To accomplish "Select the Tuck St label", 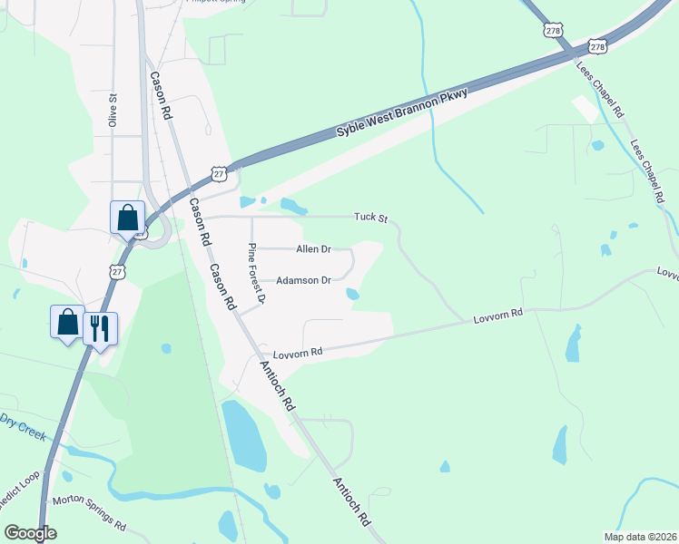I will pos(370,219).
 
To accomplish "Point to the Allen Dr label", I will pos(313,248).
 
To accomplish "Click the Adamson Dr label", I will pos(303,281).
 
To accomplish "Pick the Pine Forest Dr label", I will pos(257,273).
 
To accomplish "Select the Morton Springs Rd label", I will pos(89,512).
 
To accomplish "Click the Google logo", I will pos(30,533).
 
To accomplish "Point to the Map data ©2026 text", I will pos(639,537).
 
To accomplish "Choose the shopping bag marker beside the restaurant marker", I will pos(67,322).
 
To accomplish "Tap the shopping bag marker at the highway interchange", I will pos(128,218).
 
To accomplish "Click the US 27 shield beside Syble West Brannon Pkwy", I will pos(218,172).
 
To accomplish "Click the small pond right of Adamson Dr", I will pos(352,294).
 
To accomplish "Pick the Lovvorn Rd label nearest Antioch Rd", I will pos(303,352).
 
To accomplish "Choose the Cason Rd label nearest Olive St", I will pos(161,96).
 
